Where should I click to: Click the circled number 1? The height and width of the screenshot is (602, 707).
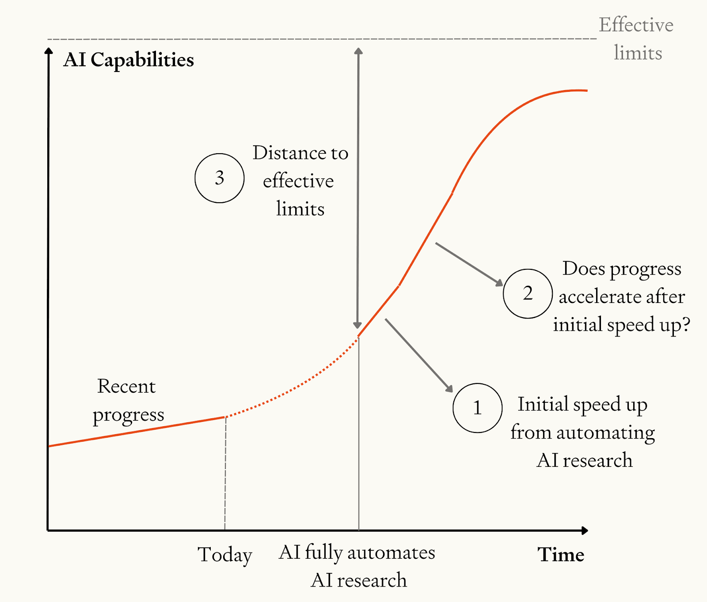pos(477,408)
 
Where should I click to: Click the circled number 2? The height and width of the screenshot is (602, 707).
pos(528,294)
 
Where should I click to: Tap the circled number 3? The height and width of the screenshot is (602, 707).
pos(219,178)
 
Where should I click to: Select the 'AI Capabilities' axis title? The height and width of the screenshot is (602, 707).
pos(129,60)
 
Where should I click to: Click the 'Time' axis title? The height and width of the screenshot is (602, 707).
pos(561,555)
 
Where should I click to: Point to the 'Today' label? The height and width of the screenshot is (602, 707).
pos(224,555)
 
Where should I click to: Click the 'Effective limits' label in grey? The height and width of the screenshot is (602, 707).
pos(636,39)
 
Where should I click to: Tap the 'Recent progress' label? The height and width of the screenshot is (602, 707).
pos(127,400)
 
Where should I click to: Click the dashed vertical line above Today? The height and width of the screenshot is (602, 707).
pos(225,473)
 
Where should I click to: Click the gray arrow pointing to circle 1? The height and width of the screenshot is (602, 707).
pos(418,355)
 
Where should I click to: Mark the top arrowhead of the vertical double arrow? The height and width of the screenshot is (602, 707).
pos(358,51)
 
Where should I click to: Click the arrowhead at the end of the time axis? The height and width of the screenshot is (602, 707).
pos(585,530)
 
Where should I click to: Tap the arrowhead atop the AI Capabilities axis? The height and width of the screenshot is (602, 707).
pos(49,51)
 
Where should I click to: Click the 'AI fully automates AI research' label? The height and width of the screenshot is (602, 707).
pos(357,566)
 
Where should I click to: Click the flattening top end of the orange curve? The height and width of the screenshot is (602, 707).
pos(574,91)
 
